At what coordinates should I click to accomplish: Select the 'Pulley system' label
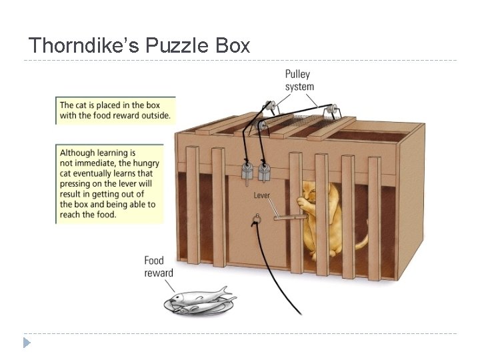pos(299,80)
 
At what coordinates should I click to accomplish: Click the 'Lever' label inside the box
pos(261,195)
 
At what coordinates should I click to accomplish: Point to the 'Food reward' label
pos(158,266)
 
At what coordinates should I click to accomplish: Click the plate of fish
pos(199,301)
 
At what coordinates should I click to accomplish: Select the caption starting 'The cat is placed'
pos(115,110)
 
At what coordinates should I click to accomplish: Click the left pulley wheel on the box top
pos(270,105)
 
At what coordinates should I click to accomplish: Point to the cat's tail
pos(361,243)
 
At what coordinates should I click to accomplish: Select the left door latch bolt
pos(246,171)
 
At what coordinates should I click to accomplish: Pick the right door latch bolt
pos(265,171)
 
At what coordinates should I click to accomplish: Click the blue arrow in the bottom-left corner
pos(27,343)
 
